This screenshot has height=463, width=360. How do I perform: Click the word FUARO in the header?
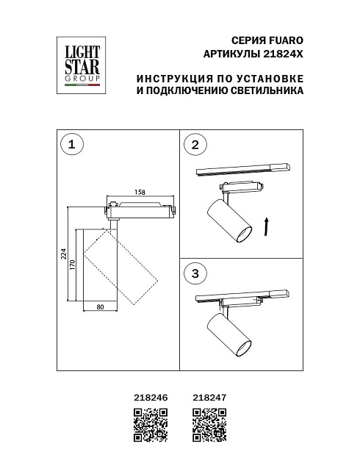[287, 41]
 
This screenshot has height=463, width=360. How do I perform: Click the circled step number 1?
[71, 145]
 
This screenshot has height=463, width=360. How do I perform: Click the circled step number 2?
[195, 145]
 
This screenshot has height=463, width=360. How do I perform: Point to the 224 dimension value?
[63, 254]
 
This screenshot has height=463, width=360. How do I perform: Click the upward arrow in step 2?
[267, 226]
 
